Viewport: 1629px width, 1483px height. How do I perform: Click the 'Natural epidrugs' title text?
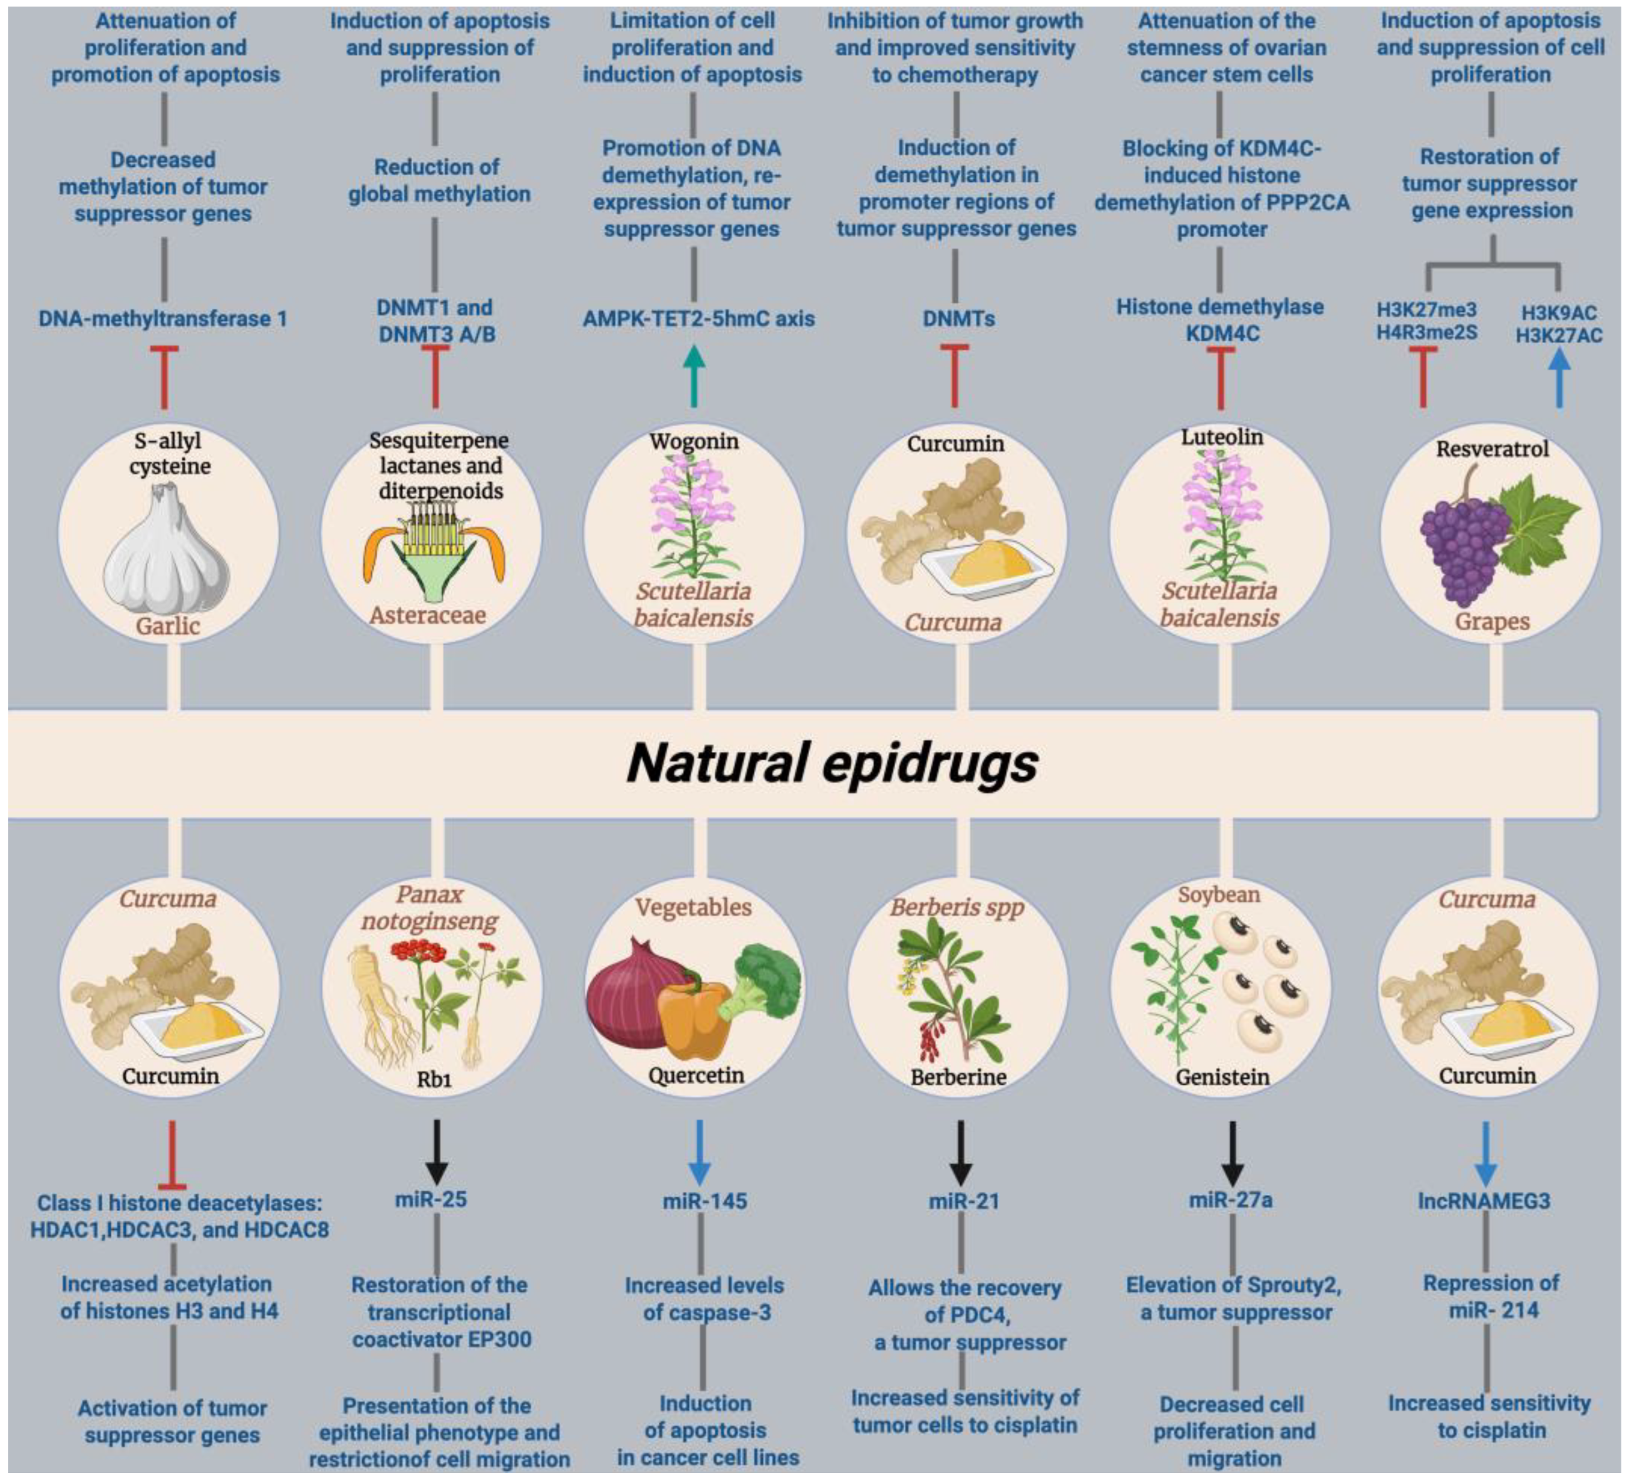(832, 764)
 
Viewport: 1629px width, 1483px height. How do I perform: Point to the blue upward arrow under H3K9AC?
(1559, 380)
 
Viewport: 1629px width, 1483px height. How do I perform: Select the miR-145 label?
(705, 1201)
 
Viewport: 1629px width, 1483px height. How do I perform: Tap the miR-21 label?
(964, 1201)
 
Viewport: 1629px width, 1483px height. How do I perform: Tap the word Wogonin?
(694, 441)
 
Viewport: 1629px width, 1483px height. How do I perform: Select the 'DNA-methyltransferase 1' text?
(163, 318)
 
